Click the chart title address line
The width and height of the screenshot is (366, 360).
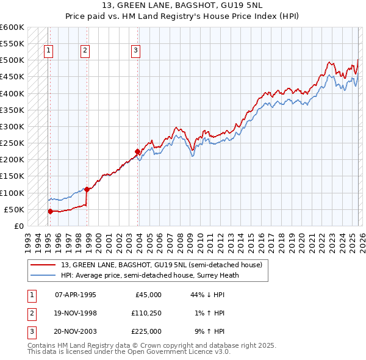[x=183, y=6]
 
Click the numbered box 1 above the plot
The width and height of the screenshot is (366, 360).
[x=48, y=51]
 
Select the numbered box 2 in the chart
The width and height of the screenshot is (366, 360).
[x=85, y=51]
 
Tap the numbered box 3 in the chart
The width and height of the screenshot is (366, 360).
[x=135, y=51]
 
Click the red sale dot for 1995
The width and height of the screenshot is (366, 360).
[x=50, y=211]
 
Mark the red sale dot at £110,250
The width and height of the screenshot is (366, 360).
[x=87, y=189]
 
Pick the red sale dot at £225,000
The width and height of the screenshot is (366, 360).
[x=137, y=151]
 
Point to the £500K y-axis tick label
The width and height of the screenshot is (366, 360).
[x=12, y=60]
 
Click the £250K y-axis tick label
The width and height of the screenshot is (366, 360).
[x=12, y=143]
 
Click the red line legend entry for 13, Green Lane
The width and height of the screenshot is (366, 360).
[x=161, y=265]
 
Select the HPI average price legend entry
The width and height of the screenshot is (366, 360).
[x=150, y=275]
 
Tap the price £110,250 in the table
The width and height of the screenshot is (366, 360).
[x=146, y=313]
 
